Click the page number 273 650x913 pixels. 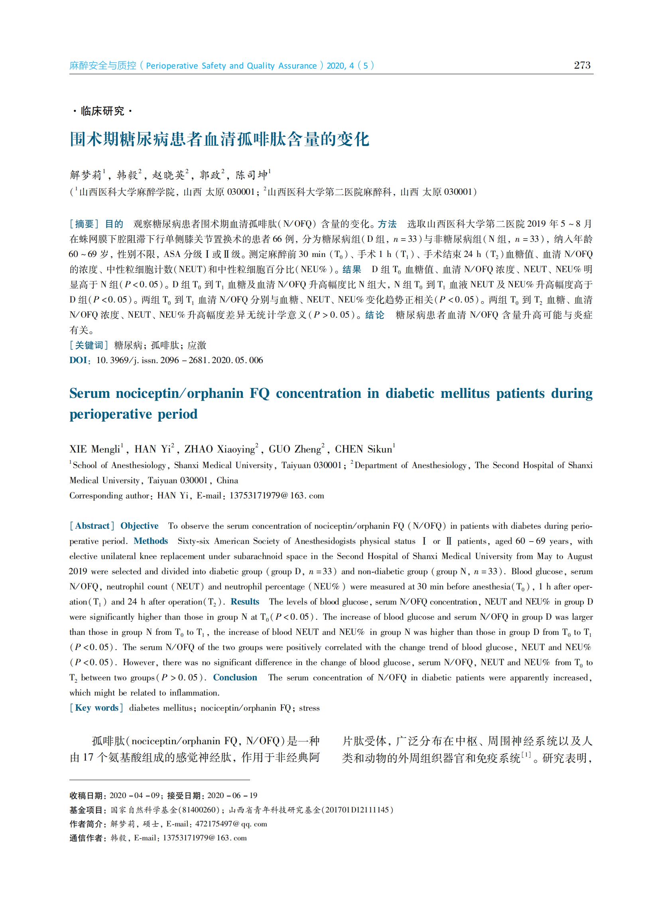[582, 65]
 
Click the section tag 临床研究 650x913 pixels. [102, 111]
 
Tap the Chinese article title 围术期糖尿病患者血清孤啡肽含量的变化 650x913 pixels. [219, 139]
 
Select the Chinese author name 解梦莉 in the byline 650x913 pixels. [86, 175]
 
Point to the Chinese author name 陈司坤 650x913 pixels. [252, 175]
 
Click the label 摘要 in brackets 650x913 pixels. [84, 224]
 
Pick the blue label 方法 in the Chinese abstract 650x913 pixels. [387, 224]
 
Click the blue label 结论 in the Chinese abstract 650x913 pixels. [374, 315]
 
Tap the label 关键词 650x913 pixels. [89, 345]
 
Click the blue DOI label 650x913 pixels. [79, 360]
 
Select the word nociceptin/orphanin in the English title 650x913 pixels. [179, 393]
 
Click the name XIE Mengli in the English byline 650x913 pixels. [95, 449]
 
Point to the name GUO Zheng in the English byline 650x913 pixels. [295, 449]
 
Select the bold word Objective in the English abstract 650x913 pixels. [139, 526]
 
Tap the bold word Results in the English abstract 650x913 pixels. [245, 601]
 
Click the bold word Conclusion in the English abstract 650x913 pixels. [235, 677]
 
